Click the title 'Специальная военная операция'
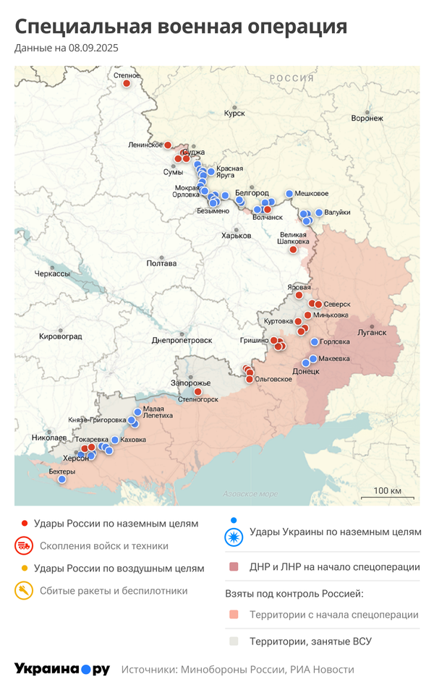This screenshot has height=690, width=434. coord(181,27)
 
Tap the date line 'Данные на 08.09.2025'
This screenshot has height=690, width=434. coord(66,48)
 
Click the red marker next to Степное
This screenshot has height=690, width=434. coord(126,83)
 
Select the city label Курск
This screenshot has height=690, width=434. coord(234,114)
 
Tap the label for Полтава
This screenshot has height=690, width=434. coord(161,263)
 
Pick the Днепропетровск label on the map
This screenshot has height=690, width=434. coord(182,340)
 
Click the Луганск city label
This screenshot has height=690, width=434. coord(373,333)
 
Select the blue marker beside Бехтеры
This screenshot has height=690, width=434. coord(62,479)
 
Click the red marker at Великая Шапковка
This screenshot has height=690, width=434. coord(293,250)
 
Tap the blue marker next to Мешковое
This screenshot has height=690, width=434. coord(289,194)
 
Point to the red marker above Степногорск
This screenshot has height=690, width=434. coord(197,391)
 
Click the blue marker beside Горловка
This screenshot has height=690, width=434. coord(314,342)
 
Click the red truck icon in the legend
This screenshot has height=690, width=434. coord(24,546)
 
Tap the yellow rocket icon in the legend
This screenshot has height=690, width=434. coord(24,591)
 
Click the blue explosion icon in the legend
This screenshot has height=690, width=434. coord(234,537)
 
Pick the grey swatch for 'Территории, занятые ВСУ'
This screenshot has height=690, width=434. coord(234,641)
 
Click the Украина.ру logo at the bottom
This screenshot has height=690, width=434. coord(62,669)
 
